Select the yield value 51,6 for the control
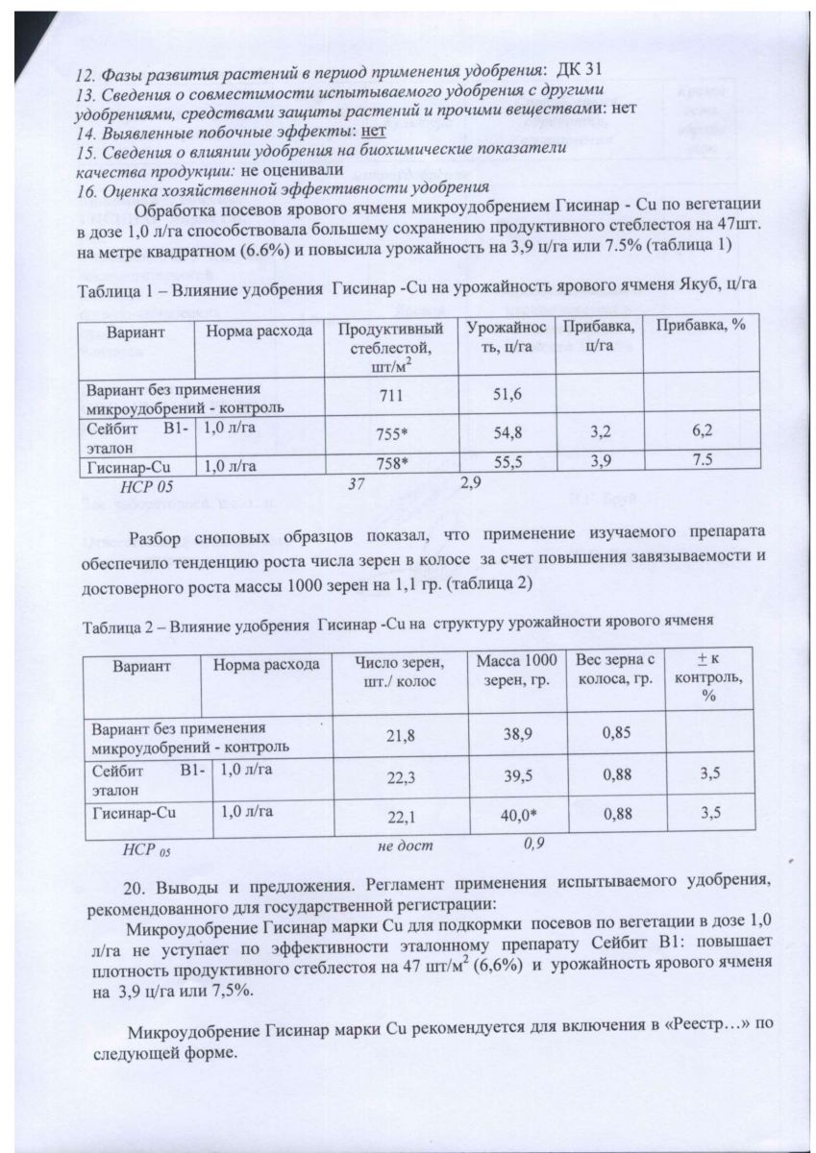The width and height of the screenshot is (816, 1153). pyautogui.click(x=507, y=395)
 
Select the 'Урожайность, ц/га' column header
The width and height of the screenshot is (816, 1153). pyautogui.click(x=507, y=337)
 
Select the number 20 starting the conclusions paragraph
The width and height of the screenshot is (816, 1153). pyautogui.click(x=136, y=886)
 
